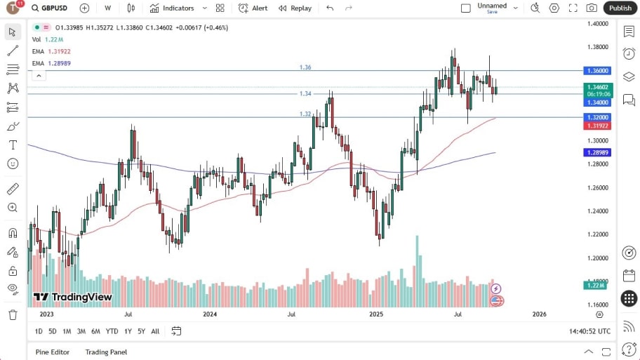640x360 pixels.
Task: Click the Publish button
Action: [x=620, y=8]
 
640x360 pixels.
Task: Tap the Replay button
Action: [x=295, y=8]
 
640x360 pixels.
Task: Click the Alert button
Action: [x=253, y=8]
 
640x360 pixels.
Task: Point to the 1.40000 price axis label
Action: [x=597, y=24]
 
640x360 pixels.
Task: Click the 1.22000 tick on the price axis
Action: [x=597, y=234]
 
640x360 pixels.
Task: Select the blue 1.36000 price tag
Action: [x=599, y=71]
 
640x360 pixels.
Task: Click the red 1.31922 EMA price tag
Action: [x=599, y=126]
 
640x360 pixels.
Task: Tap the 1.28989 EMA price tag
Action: [x=599, y=152]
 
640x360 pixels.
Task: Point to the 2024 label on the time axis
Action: [x=210, y=314]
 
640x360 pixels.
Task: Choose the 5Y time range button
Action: [x=141, y=331]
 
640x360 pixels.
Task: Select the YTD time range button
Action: [x=112, y=331]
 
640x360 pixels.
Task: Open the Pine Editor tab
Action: [x=53, y=352]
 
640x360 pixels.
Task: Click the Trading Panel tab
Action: [x=106, y=352]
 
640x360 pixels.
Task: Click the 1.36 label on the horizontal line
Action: [x=305, y=67]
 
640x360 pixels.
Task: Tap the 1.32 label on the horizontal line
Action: [x=305, y=114]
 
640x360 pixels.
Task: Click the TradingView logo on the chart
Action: [x=73, y=297]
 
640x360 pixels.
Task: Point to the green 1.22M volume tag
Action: [x=598, y=286]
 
